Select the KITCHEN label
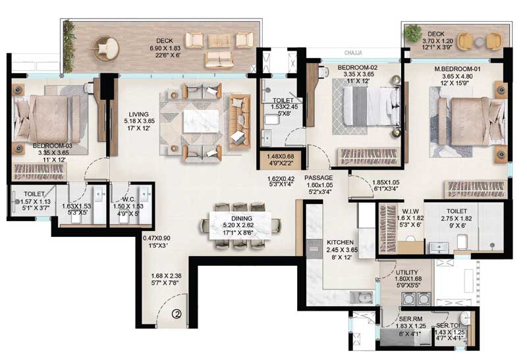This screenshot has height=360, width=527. coord(342,242)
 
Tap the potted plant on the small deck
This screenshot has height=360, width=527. coord(413,33)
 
